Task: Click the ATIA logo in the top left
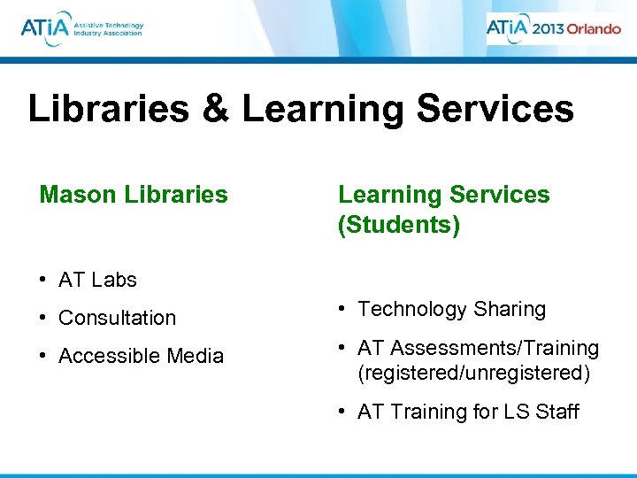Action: tap(81, 28)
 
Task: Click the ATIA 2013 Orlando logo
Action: tap(553, 27)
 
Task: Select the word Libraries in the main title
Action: tap(107, 110)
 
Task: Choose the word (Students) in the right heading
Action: tap(399, 225)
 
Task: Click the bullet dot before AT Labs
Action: tap(43, 280)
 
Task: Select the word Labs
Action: tap(113, 280)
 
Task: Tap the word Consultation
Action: tap(117, 318)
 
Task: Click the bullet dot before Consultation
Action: tap(43, 318)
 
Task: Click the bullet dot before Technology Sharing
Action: tap(343, 309)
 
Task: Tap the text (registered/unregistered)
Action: tap(473, 374)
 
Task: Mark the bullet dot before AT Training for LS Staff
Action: tap(343, 412)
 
